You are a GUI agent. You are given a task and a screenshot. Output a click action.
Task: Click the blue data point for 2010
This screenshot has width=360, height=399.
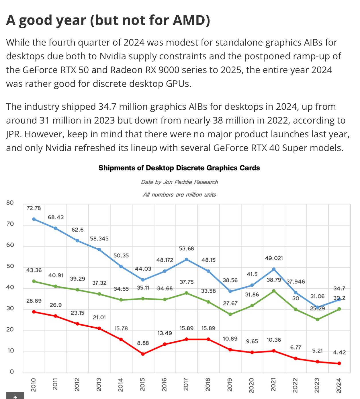point(34,219)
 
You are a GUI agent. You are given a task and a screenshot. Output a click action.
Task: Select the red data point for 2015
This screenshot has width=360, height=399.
point(143,354)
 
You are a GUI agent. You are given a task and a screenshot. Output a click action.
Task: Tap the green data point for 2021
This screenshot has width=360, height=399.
point(274,291)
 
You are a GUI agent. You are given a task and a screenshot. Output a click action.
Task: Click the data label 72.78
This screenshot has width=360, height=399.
point(34,208)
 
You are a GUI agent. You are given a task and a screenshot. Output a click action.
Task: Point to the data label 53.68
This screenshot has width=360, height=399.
point(187,249)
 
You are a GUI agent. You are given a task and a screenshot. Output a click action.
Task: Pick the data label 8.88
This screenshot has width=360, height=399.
point(143,343)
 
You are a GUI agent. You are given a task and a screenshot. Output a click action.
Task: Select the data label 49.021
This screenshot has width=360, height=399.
point(274,258)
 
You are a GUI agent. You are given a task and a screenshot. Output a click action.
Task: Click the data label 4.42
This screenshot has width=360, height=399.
point(339,352)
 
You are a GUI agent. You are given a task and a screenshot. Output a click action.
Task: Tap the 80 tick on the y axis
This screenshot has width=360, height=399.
point(10,203)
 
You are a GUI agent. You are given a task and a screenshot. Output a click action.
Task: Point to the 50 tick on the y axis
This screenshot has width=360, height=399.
point(10,266)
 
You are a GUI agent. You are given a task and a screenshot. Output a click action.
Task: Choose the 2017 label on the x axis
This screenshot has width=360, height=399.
point(186,384)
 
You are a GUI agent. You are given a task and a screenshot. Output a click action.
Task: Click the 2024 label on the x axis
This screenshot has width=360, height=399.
point(339,385)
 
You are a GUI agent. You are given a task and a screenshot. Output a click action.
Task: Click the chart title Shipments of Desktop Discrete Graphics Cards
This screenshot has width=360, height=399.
point(179,168)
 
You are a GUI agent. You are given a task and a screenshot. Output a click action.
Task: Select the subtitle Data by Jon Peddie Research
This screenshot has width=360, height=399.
point(179,182)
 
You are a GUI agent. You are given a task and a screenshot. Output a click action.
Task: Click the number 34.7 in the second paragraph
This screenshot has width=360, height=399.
point(107,107)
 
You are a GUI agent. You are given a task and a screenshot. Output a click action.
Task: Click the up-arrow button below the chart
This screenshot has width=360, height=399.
point(15,396)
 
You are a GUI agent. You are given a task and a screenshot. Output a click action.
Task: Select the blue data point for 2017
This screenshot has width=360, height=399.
point(186,259)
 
